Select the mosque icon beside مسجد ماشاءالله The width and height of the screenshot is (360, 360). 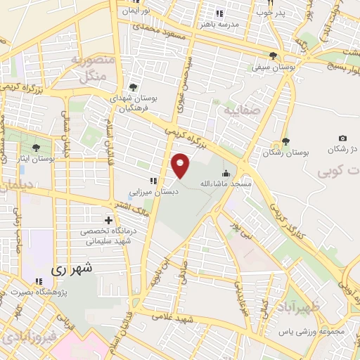[226, 173]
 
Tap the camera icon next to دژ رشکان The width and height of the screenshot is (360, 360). [342, 139]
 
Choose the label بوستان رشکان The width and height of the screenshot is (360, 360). [281, 152]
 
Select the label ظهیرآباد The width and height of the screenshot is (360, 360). [304, 307]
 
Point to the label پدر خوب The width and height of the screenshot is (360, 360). [270, 13]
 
